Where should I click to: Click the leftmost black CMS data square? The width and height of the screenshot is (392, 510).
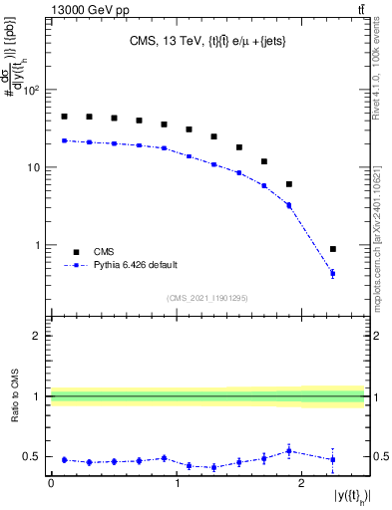click(64, 117)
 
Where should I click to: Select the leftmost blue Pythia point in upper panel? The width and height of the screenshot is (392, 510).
click(64, 140)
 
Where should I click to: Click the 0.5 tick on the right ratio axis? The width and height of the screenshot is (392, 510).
click(380, 457)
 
